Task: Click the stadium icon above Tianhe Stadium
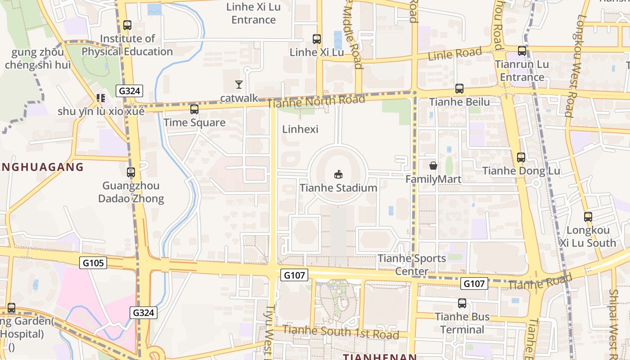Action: (x=338, y=174)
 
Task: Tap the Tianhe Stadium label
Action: (x=338, y=188)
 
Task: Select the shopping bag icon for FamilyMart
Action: (x=433, y=166)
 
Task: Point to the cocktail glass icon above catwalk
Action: (x=238, y=84)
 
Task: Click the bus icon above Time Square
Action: (x=194, y=109)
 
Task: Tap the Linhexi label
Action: (x=300, y=129)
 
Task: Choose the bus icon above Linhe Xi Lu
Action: (x=317, y=39)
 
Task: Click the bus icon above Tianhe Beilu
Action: (x=459, y=89)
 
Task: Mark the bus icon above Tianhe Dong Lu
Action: (x=521, y=157)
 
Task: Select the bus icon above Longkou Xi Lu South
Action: (x=588, y=217)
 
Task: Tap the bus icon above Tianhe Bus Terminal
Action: (x=462, y=303)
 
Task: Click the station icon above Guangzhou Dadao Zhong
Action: (x=130, y=172)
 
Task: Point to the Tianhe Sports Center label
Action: (x=412, y=265)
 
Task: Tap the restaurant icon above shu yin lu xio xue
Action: (x=100, y=98)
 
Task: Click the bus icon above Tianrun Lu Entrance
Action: (x=522, y=51)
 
